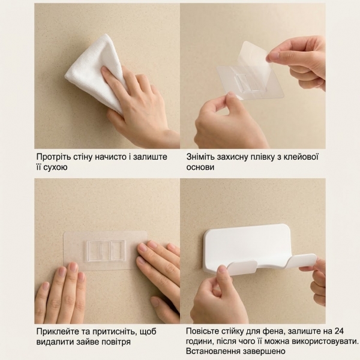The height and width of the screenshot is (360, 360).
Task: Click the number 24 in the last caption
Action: (339, 331)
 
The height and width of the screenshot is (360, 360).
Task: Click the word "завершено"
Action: (262, 352)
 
